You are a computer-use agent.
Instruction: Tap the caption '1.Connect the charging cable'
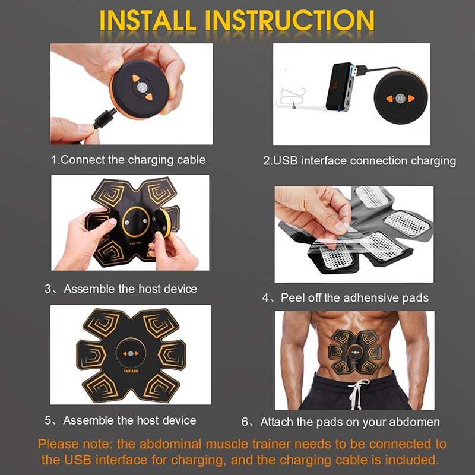click(128, 160)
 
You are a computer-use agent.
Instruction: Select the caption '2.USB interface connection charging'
click(359, 161)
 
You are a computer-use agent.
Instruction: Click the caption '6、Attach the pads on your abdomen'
click(340, 422)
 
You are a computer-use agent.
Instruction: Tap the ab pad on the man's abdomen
click(355, 351)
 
